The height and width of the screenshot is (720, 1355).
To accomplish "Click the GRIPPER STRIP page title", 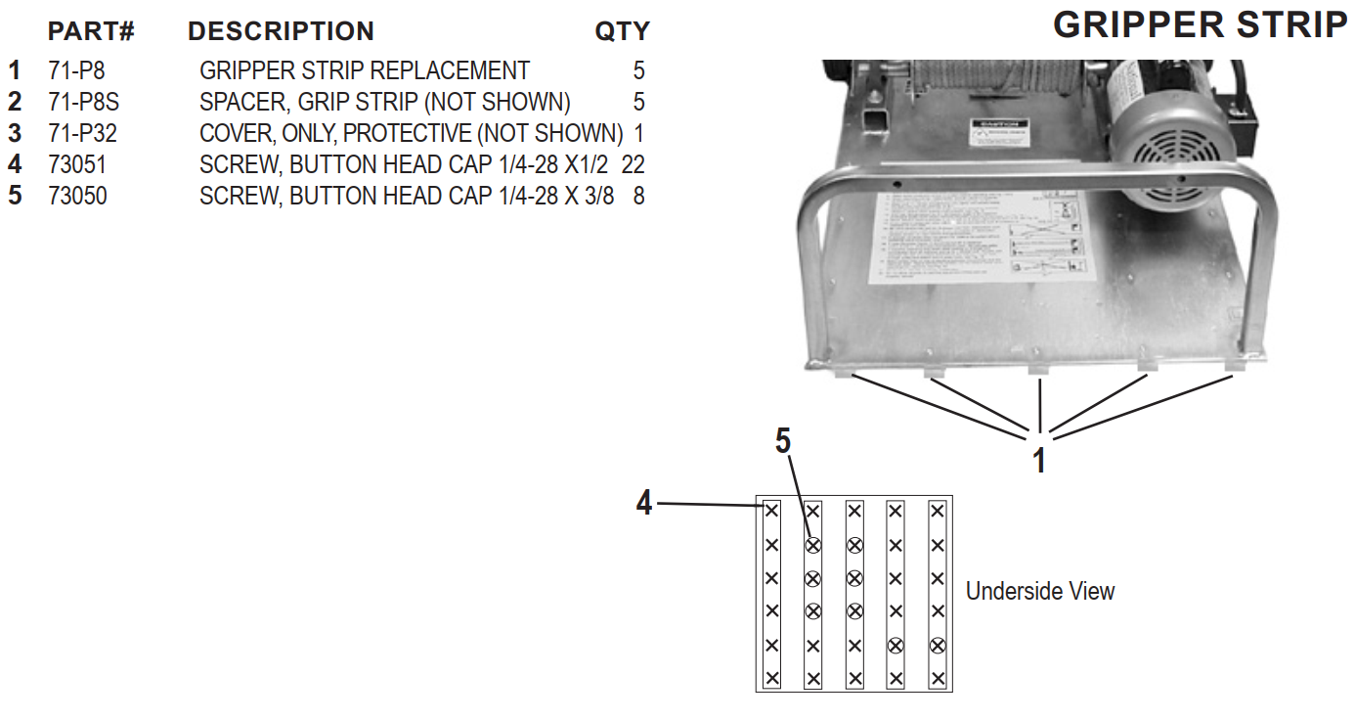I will click(x=1201, y=24).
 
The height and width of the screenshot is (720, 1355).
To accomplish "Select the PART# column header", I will click(x=91, y=32).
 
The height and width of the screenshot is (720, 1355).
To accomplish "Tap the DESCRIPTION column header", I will click(x=281, y=32).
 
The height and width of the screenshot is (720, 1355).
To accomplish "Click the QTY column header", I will click(x=622, y=32).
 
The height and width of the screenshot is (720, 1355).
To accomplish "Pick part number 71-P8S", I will click(x=83, y=102).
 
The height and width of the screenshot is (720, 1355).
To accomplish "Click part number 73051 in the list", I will click(x=77, y=165).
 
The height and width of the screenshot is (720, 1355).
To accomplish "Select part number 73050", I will click(x=77, y=197).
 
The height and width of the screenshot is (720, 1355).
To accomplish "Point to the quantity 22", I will click(x=633, y=165).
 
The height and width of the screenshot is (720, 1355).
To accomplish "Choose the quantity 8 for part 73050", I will click(x=638, y=197).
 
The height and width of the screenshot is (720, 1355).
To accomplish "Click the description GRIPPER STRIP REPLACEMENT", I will click(x=364, y=71).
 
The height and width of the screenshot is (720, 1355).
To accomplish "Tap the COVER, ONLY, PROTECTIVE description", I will click(x=411, y=134).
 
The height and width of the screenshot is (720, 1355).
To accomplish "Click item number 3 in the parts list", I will click(x=14, y=134).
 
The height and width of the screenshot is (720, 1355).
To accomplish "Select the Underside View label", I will click(x=1039, y=591).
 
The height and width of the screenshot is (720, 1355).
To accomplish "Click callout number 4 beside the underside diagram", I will click(x=643, y=504).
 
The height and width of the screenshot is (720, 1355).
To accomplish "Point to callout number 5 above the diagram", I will click(x=783, y=441).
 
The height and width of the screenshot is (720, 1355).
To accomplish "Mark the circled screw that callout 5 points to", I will click(x=812, y=545).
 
